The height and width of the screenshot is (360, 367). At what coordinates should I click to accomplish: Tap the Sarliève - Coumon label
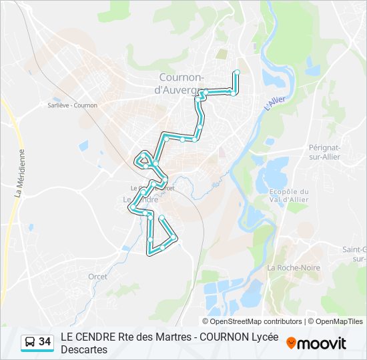pyautogui.click(x=73, y=105)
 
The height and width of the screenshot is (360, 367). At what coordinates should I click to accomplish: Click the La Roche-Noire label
pyautogui.click(x=294, y=267)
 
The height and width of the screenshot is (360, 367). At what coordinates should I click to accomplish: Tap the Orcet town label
pyautogui.click(x=97, y=276)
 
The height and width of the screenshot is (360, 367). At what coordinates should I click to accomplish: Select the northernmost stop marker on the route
pyautogui.click(x=237, y=71)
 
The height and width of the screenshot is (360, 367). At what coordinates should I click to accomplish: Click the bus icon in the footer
pyautogui.click(x=29, y=342)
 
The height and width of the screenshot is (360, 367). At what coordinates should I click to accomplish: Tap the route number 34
pyautogui.click(x=45, y=342)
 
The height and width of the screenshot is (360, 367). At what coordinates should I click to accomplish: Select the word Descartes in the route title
pyautogui.click(x=84, y=349)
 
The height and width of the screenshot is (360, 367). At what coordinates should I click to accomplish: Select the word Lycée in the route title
pyautogui.click(x=262, y=337)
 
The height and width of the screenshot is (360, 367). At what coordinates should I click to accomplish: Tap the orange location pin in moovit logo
pyautogui.click(x=291, y=343)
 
